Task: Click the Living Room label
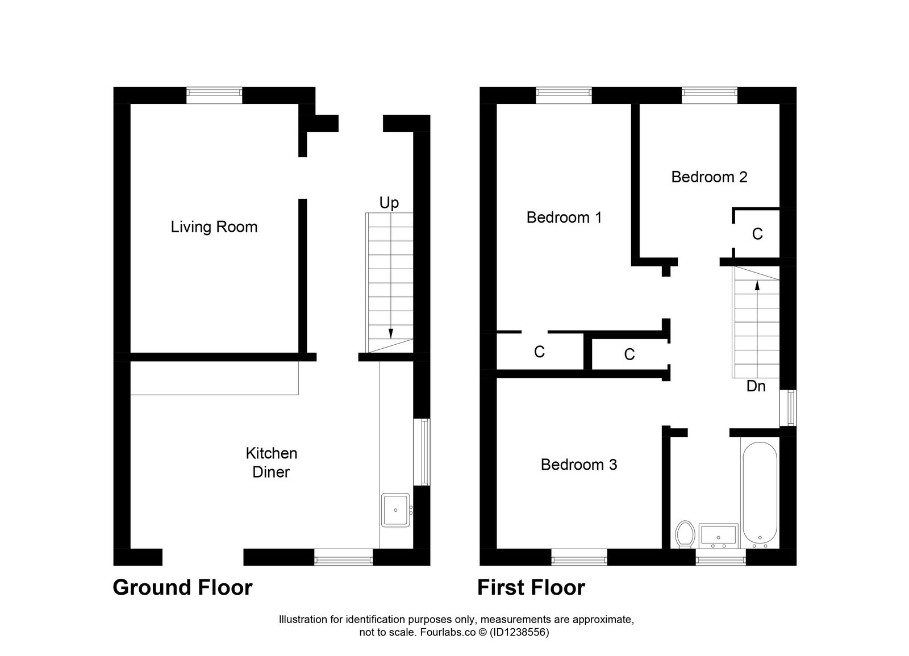214,227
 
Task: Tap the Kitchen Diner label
271,462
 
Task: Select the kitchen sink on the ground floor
395,509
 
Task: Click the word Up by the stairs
389,203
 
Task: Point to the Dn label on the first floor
756,386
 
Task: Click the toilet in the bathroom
685,534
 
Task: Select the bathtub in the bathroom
760,494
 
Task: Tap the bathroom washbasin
718,536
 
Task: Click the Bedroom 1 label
564,218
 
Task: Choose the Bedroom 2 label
709,177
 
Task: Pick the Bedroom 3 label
578,465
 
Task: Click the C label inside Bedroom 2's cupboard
757,234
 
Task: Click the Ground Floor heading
182,587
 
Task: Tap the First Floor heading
531,587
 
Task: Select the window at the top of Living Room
214,95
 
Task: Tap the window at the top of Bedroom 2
709,95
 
